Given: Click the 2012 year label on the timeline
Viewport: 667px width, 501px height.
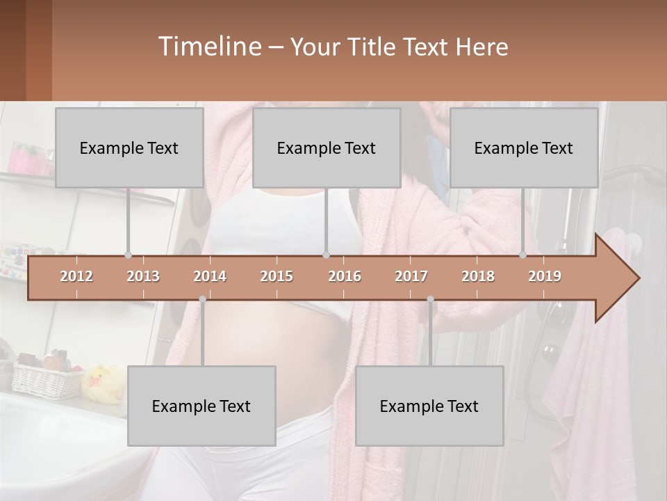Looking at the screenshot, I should point(76,276).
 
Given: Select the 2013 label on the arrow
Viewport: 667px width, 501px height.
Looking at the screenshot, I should point(143,276).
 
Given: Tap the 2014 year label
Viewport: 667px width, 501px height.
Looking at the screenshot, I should point(210,276).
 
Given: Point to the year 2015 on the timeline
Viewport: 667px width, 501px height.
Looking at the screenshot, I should point(277,276).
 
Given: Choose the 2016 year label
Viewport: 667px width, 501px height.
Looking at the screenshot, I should point(345,276).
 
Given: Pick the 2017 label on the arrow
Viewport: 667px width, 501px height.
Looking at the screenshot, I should point(411,276).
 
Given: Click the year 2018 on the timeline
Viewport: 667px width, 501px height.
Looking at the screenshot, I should point(478,276).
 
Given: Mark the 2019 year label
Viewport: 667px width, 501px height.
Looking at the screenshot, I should point(545,276).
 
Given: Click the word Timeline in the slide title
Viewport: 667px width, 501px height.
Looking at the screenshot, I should point(208,46).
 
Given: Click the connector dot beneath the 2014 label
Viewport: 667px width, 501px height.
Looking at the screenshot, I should point(202,299).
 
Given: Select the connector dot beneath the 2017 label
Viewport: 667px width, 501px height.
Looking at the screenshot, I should point(430,299).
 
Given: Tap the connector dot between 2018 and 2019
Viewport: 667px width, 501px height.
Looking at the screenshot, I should point(523,255).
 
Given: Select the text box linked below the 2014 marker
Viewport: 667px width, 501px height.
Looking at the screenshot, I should point(201,406).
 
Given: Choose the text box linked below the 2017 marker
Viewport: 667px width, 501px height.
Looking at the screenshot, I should point(429,406).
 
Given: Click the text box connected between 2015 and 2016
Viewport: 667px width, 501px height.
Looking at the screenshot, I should point(327,148).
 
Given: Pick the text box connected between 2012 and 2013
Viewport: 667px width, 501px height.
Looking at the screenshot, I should point(129,148).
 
